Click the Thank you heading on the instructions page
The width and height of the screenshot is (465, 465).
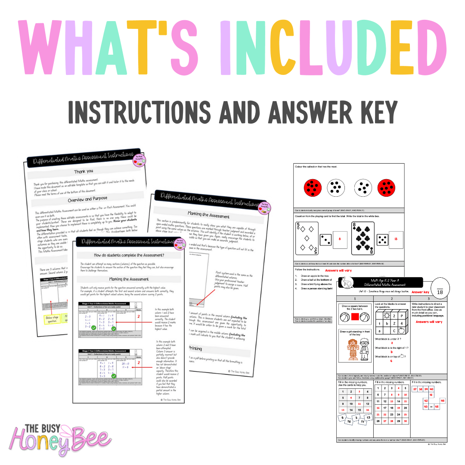click(83, 171)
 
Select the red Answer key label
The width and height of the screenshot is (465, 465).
click(420, 292)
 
